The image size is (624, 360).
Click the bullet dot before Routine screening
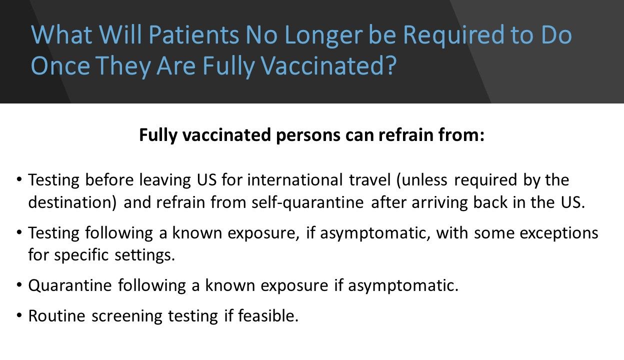point(19,315)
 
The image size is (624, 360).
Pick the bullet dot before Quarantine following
point(19,285)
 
